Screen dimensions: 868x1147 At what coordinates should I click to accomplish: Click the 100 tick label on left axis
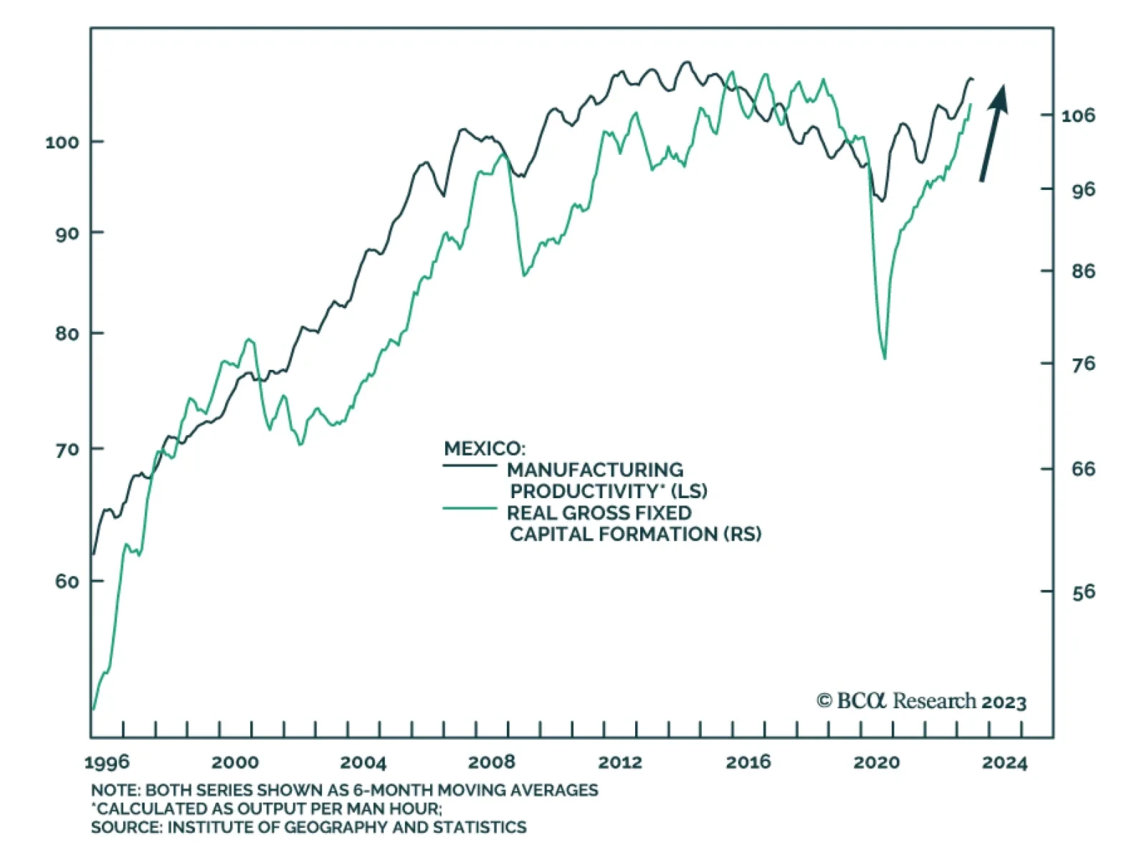tap(62, 142)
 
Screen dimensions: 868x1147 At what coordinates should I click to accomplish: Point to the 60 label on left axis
tap(66, 581)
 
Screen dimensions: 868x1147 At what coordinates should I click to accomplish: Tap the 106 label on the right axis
tap(1078, 115)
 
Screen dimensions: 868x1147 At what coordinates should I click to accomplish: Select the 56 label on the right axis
tap(1083, 592)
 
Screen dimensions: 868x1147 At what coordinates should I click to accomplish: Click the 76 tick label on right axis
tap(1083, 364)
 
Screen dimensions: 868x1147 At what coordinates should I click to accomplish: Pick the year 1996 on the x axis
tap(107, 762)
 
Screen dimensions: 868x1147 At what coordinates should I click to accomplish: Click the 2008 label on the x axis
tap(492, 762)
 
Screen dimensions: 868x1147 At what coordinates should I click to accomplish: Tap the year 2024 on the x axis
tap(1004, 762)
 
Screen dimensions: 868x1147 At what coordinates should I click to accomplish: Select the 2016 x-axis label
tap(748, 762)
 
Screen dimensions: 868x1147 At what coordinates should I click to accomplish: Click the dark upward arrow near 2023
tap(994, 133)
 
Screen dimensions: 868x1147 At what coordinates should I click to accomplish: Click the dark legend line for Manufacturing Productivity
tap(470, 466)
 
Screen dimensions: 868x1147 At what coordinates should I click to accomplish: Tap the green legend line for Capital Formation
tap(470, 508)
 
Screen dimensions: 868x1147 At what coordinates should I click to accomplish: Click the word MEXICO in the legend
tap(484, 449)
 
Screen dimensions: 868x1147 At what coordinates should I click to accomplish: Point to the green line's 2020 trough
tap(885, 358)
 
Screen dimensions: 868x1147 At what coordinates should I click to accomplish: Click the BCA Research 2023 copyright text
tap(921, 701)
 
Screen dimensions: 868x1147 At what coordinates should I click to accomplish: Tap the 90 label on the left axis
tap(66, 233)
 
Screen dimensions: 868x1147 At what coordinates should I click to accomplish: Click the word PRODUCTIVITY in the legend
tap(584, 492)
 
